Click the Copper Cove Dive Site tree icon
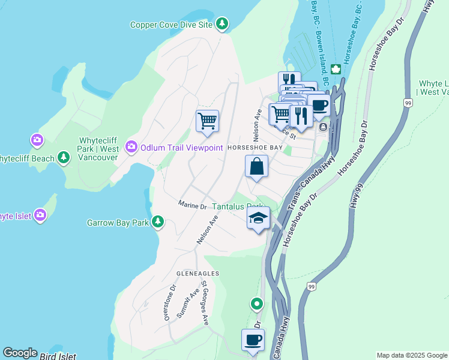223,24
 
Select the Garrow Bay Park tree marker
158,222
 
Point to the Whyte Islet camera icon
40,215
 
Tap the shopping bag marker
256,166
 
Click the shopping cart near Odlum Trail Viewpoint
207,121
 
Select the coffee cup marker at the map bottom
253,340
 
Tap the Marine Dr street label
192,205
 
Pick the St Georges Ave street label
204,302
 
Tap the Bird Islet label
58,356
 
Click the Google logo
20,353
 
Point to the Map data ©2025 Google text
411,355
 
